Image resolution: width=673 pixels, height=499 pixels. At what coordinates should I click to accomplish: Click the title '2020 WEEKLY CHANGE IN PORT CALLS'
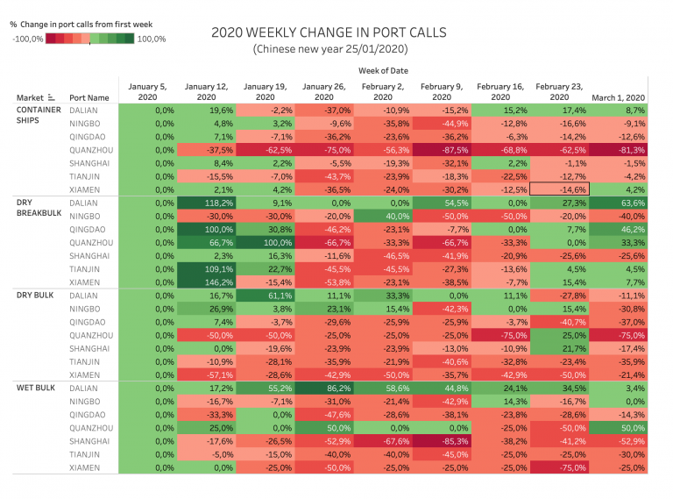[x=329, y=32]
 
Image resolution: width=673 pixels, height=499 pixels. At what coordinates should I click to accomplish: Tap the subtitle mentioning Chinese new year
[x=328, y=49]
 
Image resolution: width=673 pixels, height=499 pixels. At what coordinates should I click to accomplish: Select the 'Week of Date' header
[x=383, y=70]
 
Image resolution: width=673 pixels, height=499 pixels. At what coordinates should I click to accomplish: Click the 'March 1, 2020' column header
[x=619, y=97]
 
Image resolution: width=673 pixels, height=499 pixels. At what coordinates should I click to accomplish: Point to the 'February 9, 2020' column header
[x=442, y=92]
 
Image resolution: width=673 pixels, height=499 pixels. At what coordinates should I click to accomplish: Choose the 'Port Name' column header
[x=89, y=97]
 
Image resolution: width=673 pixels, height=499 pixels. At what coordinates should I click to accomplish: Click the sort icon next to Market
[x=51, y=97]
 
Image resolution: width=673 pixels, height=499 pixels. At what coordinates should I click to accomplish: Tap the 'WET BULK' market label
[x=37, y=387]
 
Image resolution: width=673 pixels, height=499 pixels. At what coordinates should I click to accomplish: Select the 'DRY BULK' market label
[x=36, y=295]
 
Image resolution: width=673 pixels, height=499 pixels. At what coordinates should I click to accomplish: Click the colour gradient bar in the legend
[x=90, y=38]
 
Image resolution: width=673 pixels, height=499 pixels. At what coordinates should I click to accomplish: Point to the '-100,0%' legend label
[x=27, y=39]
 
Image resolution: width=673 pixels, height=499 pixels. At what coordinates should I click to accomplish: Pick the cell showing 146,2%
[x=207, y=282]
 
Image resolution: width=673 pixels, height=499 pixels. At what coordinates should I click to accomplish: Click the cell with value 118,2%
[x=207, y=203]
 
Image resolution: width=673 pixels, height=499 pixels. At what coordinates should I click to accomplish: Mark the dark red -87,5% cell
[x=442, y=150]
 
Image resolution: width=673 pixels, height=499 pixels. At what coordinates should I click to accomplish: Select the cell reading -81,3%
[x=619, y=150]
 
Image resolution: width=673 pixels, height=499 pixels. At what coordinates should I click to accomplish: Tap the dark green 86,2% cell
[x=324, y=387]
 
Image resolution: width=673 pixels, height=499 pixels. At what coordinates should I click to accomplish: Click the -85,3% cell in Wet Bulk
[x=442, y=440]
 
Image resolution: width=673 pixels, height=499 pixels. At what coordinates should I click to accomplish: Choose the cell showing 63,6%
[x=619, y=203]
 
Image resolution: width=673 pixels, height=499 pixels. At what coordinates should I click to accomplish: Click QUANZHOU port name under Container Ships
[x=90, y=150]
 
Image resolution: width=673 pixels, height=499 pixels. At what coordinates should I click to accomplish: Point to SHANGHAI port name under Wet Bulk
[x=90, y=440]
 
